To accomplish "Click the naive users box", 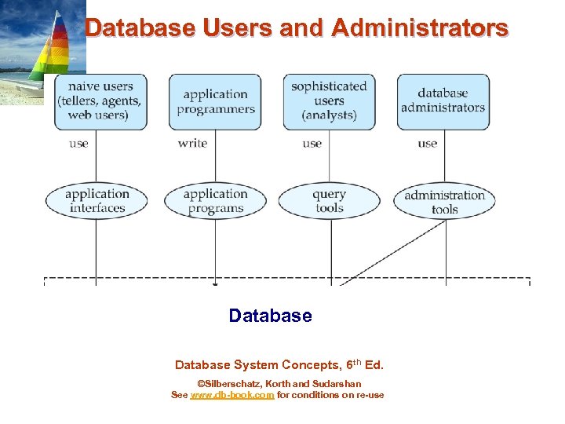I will [x=100, y=101].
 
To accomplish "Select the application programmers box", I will [x=216, y=101].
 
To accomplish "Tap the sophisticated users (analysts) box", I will [x=330, y=101].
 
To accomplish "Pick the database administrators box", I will [x=443, y=101].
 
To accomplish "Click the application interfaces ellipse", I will [x=97, y=201].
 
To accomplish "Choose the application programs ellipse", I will [x=215, y=201].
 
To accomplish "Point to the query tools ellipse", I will [x=330, y=201].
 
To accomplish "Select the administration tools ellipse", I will [x=444, y=202].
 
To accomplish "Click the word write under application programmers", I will [x=192, y=143].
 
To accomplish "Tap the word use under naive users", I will [x=78, y=143].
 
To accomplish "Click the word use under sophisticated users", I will [x=312, y=143].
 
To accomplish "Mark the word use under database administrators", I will [x=427, y=143].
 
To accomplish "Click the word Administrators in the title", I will [x=420, y=29].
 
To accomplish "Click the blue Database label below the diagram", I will [x=270, y=316].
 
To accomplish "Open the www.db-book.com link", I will [x=232, y=395].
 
